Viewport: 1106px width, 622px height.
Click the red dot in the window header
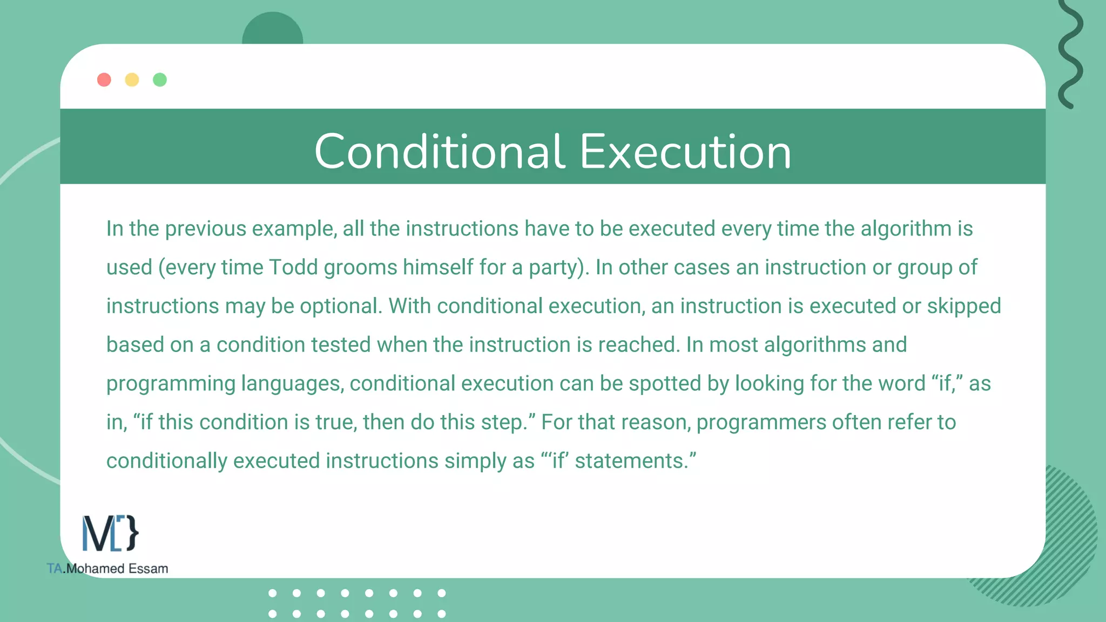(104, 80)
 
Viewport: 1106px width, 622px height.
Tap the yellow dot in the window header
(132, 80)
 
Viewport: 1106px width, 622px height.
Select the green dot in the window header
(160, 80)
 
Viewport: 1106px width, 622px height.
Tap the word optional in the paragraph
(341, 306)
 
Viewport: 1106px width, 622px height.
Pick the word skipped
(964, 306)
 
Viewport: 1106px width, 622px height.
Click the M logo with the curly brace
(110, 533)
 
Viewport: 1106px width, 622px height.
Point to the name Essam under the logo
(148, 569)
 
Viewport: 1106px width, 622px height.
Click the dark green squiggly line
(1070, 54)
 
